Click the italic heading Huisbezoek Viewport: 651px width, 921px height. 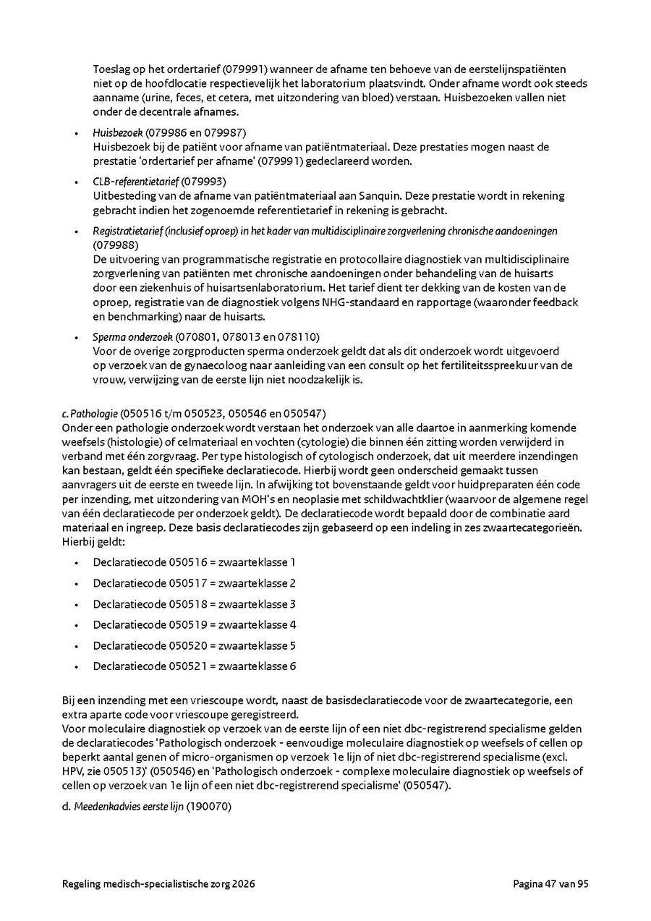click(118, 132)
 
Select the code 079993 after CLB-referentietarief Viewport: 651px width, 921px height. click(203, 181)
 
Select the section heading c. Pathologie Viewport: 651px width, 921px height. click(90, 413)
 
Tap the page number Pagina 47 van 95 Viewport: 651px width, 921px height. click(550, 883)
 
